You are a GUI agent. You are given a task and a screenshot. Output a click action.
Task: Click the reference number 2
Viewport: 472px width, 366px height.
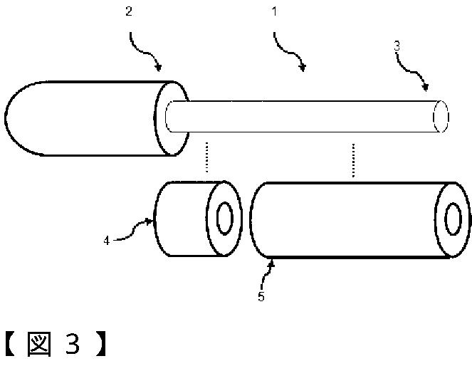pyautogui.click(x=129, y=11)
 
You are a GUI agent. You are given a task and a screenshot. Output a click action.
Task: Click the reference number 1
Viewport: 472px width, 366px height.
pyautogui.click(x=274, y=11)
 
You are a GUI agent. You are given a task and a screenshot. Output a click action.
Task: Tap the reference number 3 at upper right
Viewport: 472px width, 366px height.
pyautogui.click(x=397, y=46)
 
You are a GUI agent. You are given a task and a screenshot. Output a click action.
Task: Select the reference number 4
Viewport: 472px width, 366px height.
pyautogui.click(x=107, y=241)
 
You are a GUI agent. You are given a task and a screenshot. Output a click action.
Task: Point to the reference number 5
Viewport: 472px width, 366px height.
pyautogui.click(x=261, y=296)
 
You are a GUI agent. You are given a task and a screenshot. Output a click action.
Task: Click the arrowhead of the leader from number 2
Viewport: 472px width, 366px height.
pyautogui.click(x=158, y=67)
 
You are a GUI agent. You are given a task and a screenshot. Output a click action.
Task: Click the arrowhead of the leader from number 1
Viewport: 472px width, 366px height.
pyautogui.click(x=303, y=68)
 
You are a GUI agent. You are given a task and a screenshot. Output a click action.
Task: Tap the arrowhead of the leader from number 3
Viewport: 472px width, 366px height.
pyautogui.click(x=425, y=87)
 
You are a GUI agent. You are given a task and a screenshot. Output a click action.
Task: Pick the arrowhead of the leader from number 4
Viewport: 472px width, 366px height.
pyautogui.click(x=150, y=222)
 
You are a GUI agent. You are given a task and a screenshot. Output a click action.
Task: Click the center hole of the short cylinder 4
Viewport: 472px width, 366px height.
pyautogui.click(x=224, y=219)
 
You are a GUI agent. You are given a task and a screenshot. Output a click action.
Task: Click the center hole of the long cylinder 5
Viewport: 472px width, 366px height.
pyautogui.click(x=453, y=219)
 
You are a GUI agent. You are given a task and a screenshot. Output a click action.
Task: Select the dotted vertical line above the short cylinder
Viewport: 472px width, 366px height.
pyautogui.click(x=206, y=157)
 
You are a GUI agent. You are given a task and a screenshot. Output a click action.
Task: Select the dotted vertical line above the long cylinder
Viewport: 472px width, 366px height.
pyautogui.click(x=353, y=160)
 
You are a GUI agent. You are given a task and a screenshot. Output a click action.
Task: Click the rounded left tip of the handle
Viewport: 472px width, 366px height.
pyautogui.click(x=6, y=118)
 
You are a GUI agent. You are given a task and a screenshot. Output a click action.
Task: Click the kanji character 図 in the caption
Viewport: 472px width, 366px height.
pyautogui.click(x=39, y=344)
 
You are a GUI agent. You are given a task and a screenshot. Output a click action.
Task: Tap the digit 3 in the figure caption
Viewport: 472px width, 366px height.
pyautogui.click(x=73, y=344)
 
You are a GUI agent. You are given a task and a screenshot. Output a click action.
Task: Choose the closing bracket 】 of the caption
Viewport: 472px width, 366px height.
pyautogui.click(x=101, y=344)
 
